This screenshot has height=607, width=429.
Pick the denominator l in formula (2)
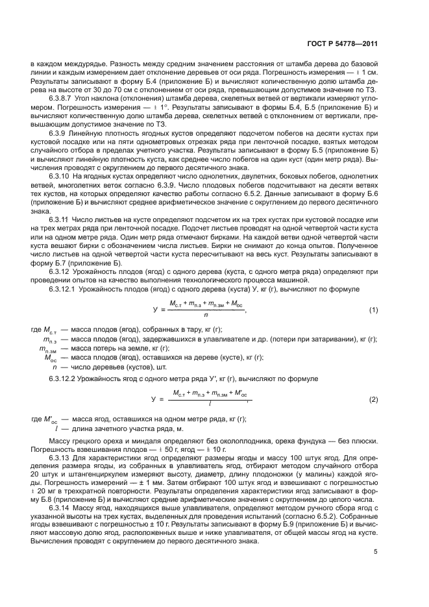coord(209,405)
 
